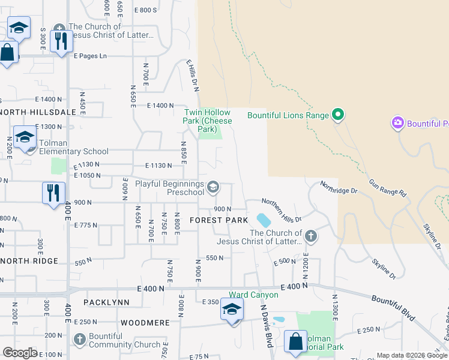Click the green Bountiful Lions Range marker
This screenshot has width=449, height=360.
pos(337,115)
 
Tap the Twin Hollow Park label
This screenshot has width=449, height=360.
pos(206,121)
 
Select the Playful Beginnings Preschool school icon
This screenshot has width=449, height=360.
pos(212,188)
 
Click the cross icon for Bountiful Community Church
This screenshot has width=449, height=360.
pos(79,340)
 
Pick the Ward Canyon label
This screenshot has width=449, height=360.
pos(253,295)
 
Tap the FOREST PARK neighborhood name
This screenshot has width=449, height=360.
pos(218,220)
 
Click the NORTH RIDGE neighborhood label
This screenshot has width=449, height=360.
pos(29,261)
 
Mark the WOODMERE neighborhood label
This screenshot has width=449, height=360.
pos(145,323)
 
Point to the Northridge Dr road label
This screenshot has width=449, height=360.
pos(339,187)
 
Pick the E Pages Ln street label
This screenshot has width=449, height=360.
pos(90,56)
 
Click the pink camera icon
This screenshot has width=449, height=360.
pos(397,123)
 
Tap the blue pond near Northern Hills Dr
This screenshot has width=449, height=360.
pos(263,220)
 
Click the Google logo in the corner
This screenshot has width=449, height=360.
pos(20,353)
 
